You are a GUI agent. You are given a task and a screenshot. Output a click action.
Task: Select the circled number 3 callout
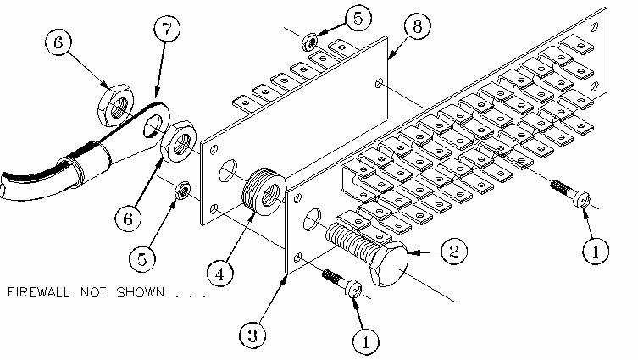coord(250,334)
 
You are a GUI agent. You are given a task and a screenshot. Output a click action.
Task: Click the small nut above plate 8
coord(310,38)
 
